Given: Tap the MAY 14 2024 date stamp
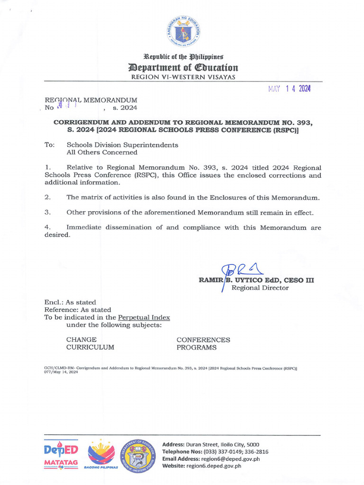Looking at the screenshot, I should (x=289, y=89).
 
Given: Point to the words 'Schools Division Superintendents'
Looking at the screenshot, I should (x=122, y=145).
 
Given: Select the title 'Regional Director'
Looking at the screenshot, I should (x=260, y=288).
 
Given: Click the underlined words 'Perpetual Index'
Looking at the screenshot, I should (x=144, y=317).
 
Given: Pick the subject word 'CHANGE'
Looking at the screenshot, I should (x=82, y=340).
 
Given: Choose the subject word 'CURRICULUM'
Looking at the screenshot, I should (x=90, y=347).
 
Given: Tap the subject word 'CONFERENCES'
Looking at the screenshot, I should (x=203, y=340).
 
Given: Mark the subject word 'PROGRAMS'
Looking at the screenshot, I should (x=196, y=347).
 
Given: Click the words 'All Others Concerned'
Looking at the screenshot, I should (x=102, y=153).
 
